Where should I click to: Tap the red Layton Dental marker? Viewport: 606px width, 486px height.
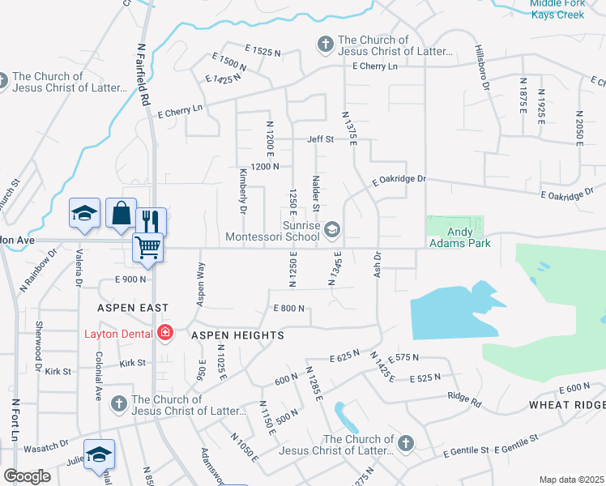click(x=165, y=333)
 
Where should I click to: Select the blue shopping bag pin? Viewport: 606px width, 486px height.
click(x=121, y=215)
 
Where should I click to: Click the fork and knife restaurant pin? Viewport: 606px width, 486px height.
click(x=150, y=221)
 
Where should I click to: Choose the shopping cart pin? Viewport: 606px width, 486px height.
click(x=148, y=247)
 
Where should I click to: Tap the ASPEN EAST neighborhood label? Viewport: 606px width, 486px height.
click(x=132, y=308)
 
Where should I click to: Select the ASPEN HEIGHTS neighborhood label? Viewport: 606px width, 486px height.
click(x=237, y=335)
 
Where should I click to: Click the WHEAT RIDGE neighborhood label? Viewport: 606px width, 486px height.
click(x=567, y=405)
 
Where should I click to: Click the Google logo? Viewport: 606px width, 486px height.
click(x=27, y=475)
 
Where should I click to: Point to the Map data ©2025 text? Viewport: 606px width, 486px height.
click(x=571, y=480)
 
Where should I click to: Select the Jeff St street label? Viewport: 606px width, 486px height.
click(x=320, y=139)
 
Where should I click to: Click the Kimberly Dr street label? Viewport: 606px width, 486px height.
click(x=242, y=191)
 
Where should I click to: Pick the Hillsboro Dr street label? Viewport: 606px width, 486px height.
click(x=483, y=68)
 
